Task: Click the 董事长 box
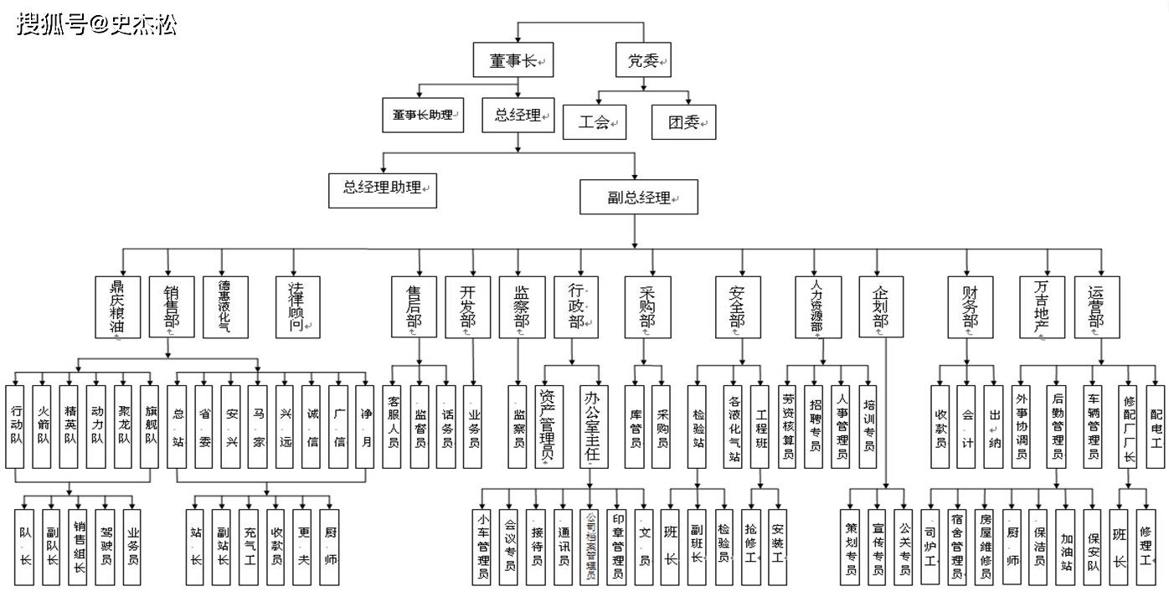pyautogui.click(x=518, y=61)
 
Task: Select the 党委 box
pyautogui.click(x=643, y=60)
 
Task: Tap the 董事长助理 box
pyautogui.click(x=422, y=115)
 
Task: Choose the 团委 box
pyautogui.click(x=683, y=122)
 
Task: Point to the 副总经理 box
pyautogui.click(x=639, y=198)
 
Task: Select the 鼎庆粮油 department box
pyautogui.click(x=116, y=306)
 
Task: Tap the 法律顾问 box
pyautogui.click(x=297, y=306)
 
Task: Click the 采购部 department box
pyautogui.click(x=647, y=306)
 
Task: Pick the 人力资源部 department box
pyautogui.click(x=817, y=306)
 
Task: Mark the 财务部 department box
pyautogui.click(x=971, y=306)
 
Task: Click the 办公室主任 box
pyautogui.click(x=593, y=426)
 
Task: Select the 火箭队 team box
pyautogui.click(x=43, y=426)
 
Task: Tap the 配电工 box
pyautogui.click(x=1156, y=426)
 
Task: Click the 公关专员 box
pyautogui.click(x=904, y=546)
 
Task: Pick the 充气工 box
pyautogui.click(x=249, y=546)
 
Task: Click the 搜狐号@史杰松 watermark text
pyautogui.click(x=96, y=24)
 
